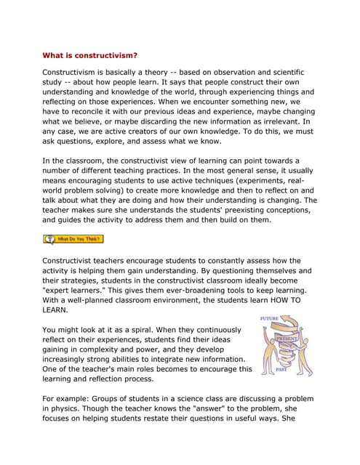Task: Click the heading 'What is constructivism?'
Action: tap(89, 54)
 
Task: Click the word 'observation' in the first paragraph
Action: tap(233, 73)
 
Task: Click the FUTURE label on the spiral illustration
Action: tap(271, 318)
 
